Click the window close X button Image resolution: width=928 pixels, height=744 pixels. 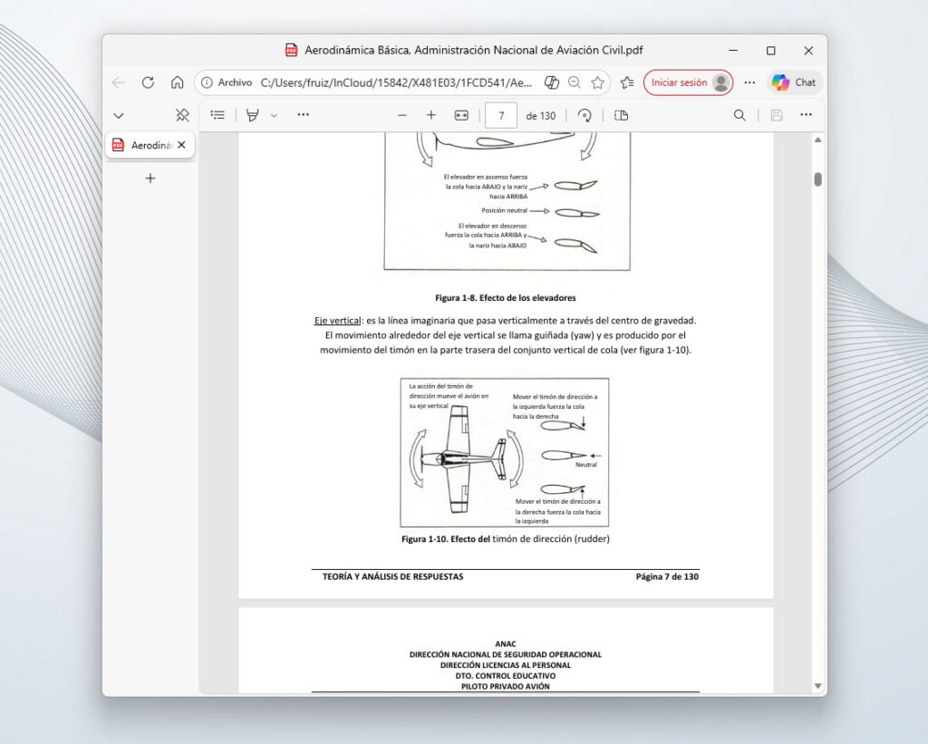click(807, 51)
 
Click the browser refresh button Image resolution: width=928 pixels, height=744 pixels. click(148, 82)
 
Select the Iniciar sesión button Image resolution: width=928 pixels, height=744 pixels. click(687, 82)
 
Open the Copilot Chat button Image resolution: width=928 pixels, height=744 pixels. click(794, 82)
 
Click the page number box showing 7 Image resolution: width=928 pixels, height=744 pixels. click(501, 115)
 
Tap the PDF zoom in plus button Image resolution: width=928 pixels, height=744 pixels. click(431, 115)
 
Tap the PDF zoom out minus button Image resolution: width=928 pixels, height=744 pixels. click(402, 115)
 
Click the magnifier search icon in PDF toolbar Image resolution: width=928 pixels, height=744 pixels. click(739, 115)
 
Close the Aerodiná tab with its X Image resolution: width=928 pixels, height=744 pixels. click(181, 145)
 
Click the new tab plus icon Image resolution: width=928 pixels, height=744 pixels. click(150, 179)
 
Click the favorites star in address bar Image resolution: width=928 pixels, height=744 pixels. click(597, 82)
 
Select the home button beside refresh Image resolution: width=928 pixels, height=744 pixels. click(178, 82)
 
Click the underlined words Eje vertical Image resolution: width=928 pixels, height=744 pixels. click(337, 321)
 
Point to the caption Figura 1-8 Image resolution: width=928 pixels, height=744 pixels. click(505, 297)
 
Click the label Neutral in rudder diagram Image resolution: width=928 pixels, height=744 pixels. click(585, 465)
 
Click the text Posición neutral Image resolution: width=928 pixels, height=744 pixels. click(504, 210)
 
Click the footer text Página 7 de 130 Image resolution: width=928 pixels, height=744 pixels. click(667, 576)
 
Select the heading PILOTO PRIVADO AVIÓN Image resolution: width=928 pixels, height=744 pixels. click(505, 686)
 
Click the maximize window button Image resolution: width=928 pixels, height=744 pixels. click(770, 51)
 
